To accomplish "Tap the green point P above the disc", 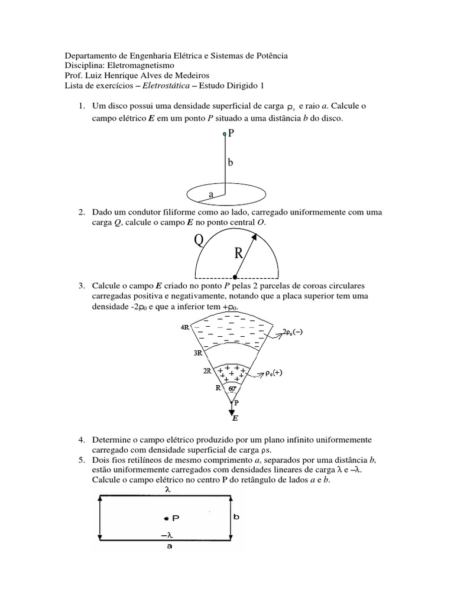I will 225,135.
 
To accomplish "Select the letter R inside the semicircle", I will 239,254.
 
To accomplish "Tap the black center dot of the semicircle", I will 236,277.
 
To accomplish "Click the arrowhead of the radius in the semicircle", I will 255,237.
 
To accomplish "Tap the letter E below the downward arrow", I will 234,418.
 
